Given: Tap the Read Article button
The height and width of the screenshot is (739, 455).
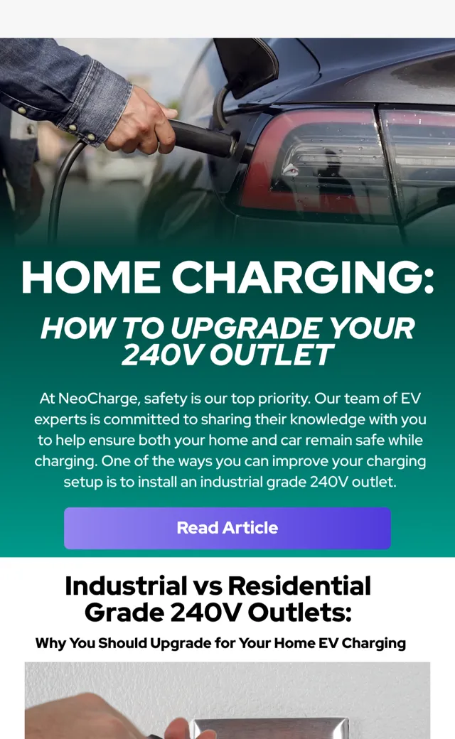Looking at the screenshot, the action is click(227, 528).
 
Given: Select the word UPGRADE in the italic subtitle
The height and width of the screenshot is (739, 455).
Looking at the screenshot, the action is click(246, 328).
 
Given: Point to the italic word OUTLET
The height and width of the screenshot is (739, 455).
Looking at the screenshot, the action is click(272, 355).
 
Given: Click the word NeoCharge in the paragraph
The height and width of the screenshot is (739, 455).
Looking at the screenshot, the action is click(99, 399).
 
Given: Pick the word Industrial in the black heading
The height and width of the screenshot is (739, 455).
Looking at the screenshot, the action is click(126, 586).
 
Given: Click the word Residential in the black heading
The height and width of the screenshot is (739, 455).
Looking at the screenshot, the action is click(299, 586).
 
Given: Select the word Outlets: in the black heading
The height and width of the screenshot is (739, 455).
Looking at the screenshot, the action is click(300, 613).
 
